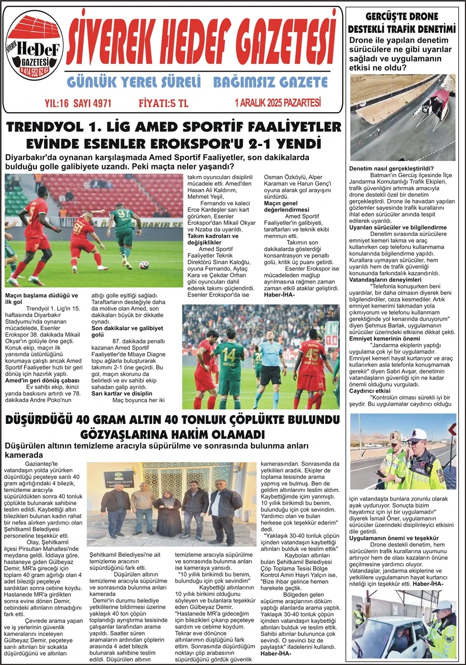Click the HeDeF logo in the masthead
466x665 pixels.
click(35, 47)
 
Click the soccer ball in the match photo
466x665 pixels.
click(144, 264)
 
